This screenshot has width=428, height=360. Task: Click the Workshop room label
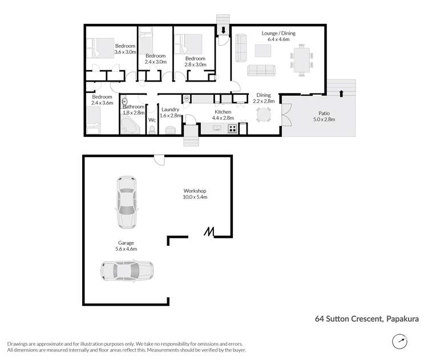(x=195, y=194)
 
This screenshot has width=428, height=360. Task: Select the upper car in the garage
(x=126, y=202)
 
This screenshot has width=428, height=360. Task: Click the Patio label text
(x=324, y=116)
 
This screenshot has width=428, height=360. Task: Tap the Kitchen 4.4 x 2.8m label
(x=223, y=115)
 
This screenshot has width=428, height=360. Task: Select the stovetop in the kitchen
(x=233, y=129)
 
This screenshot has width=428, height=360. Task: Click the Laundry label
(x=171, y=112)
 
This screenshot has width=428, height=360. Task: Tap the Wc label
(x=152, y=120)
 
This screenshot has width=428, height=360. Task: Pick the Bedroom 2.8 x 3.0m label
(x=195, y=62)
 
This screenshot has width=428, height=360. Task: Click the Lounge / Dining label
(x=278, y=37)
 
